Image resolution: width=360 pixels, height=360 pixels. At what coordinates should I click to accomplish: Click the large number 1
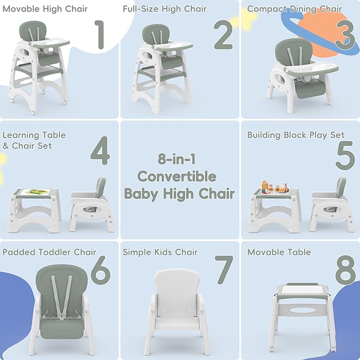pyautogui.click(x=100, y=34)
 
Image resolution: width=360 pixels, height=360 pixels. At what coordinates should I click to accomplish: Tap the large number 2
pyautogui.click(x=223, y=34)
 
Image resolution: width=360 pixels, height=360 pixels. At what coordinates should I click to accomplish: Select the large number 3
pyautogui.click(x=345, y=35)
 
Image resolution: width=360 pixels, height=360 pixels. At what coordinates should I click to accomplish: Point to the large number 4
pyautogui.click(x=100, y=151)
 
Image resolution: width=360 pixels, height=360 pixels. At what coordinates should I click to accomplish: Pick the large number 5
pyautogui.click(x=345, y=155)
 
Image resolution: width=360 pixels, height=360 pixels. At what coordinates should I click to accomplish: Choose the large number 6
pyautogui.click(x=101, y=270)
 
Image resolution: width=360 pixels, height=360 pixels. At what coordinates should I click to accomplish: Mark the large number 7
pyautogui.click(x=224, y=270)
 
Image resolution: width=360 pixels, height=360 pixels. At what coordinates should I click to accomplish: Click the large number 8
pyautogui.click(x=345, y=270)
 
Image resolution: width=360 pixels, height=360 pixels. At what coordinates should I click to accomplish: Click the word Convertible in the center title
pyautogui.click(x=177, y=177)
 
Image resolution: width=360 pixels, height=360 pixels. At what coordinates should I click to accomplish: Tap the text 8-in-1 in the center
pyautogui.click(x=177, y=159)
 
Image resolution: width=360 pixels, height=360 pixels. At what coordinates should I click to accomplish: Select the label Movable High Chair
pyautogui.click(x=45, y=9)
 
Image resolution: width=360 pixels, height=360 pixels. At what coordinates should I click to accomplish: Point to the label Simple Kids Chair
pyautogui.click(x=160, y=252)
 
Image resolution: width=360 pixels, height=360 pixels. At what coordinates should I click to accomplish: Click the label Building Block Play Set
pyautogui.click(x=296, y=135)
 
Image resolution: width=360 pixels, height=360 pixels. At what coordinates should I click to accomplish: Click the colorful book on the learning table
pyautogui.click(x=38, y=191)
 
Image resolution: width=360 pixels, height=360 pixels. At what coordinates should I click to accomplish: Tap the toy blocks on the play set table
pyautogui.click(x=275, y=187)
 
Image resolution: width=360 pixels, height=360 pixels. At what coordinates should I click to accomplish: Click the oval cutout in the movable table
pyautogui.click(x=302, y=310)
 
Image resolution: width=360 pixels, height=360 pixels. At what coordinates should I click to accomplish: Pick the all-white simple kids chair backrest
pyautogui.click(x=177, y=292)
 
